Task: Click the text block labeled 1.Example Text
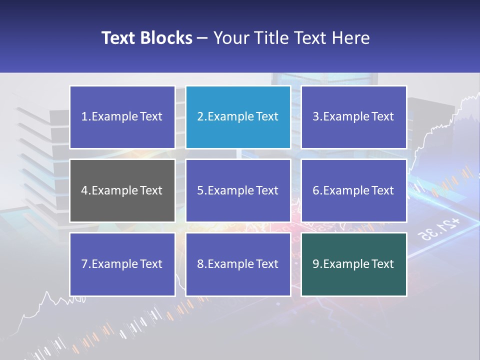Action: point(122,117)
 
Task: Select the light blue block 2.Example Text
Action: point(238,117)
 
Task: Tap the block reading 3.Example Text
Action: point(353,117)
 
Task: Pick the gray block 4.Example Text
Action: point(122,190)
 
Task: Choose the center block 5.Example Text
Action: point(238,190)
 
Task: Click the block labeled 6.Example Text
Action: point(353,190)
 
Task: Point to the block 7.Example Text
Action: point(122,264)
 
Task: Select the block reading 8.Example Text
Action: point(238,264)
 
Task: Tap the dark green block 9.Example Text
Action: point(353,264)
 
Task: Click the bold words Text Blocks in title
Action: point(146,38)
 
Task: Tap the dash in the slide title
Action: point(202,38)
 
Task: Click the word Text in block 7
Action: point(151,264)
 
